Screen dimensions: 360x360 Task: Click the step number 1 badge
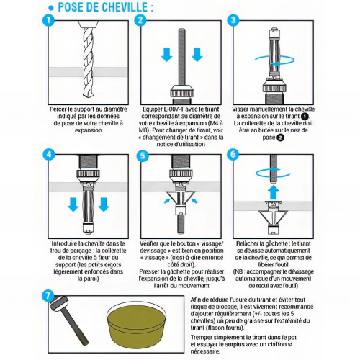[x=49, y=21]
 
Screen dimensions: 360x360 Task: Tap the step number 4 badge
[x=49, y=155]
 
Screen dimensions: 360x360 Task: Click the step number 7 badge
[x=49, y=295]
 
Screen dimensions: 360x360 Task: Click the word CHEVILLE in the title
[x=126, y=7]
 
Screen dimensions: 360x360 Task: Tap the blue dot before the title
[x=50, y=7]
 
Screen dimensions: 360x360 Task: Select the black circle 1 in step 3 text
[x=305, y=115]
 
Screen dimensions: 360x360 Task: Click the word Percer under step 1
[x=60, y=109]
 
